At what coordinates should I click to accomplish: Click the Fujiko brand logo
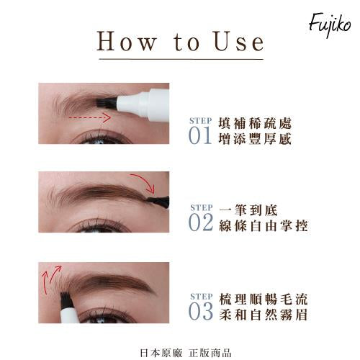[x=330, y=24]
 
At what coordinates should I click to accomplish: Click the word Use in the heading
[x=239, y=42]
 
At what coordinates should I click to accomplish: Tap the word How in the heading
[x=127, y=42]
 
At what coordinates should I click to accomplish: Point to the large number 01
[x=200, y=135]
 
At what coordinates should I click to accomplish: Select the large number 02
[x=201, y=222]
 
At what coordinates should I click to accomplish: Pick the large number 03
[x=201, y=311]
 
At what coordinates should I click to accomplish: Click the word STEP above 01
[x=201, y=121]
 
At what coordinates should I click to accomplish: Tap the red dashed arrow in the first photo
[x=90, y=117]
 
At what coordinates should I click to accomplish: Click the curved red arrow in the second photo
[x=145, y=181]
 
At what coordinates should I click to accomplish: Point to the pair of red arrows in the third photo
[x=51, y=276]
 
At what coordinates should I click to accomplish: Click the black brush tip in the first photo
[x=107, y=102]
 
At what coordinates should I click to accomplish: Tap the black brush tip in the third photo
[x=66, y=300]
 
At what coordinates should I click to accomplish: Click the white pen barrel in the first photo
[x=143, y=104]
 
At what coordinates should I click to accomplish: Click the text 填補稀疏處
[x=255, y=123]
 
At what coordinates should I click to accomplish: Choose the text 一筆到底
[x=248, y=210]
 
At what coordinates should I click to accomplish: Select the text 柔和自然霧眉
[x=264, y=315]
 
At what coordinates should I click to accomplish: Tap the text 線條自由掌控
[x=264, y=225]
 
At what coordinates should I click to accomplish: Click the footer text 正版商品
[x=210, y=353]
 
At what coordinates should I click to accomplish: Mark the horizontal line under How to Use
[x=181, y=59]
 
